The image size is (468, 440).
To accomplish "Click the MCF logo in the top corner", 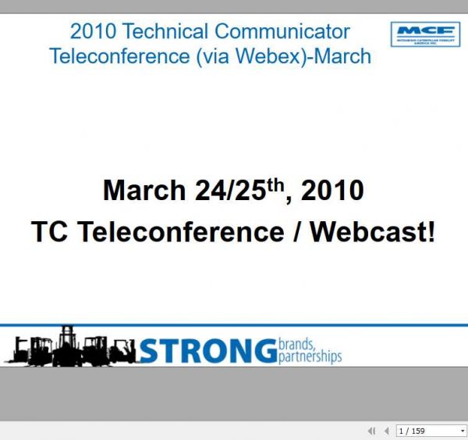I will tap(425, 34).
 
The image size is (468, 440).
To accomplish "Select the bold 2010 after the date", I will tap(332, 190).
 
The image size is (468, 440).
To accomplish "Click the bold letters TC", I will tap(49, 232).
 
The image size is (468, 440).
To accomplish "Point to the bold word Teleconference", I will tap(176, 232).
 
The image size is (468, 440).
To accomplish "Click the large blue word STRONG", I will tap(206, 351).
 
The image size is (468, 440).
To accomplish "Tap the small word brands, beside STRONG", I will tap(296, 343).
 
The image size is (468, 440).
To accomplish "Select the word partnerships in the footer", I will tap(310, 357).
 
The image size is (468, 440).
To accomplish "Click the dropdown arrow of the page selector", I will tap(462, 431).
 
